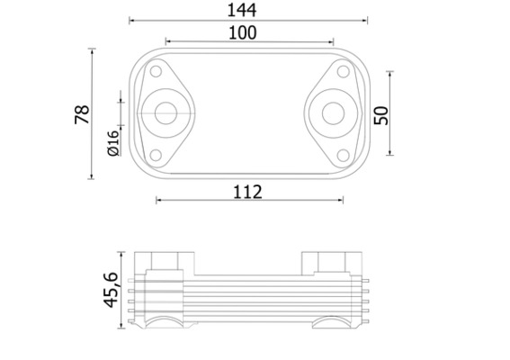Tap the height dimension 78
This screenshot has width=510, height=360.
(81, 114)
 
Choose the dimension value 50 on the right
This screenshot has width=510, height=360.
(380, 114)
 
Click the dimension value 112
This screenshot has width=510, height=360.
(246, 191)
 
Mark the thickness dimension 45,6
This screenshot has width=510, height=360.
(112, 287)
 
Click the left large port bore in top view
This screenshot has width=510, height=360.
(165, 113)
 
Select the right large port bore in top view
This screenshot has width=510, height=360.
(332, 113)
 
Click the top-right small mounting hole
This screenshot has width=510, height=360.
(341, 72)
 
